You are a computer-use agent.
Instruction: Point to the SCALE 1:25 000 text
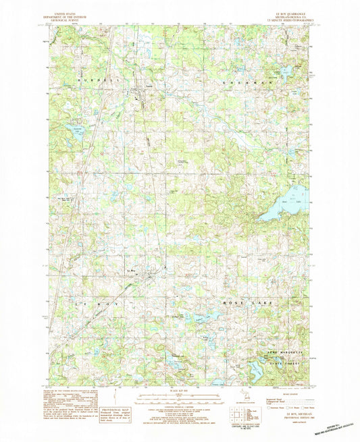coord(178,392)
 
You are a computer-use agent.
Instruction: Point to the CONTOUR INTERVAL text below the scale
coord(178,404)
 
